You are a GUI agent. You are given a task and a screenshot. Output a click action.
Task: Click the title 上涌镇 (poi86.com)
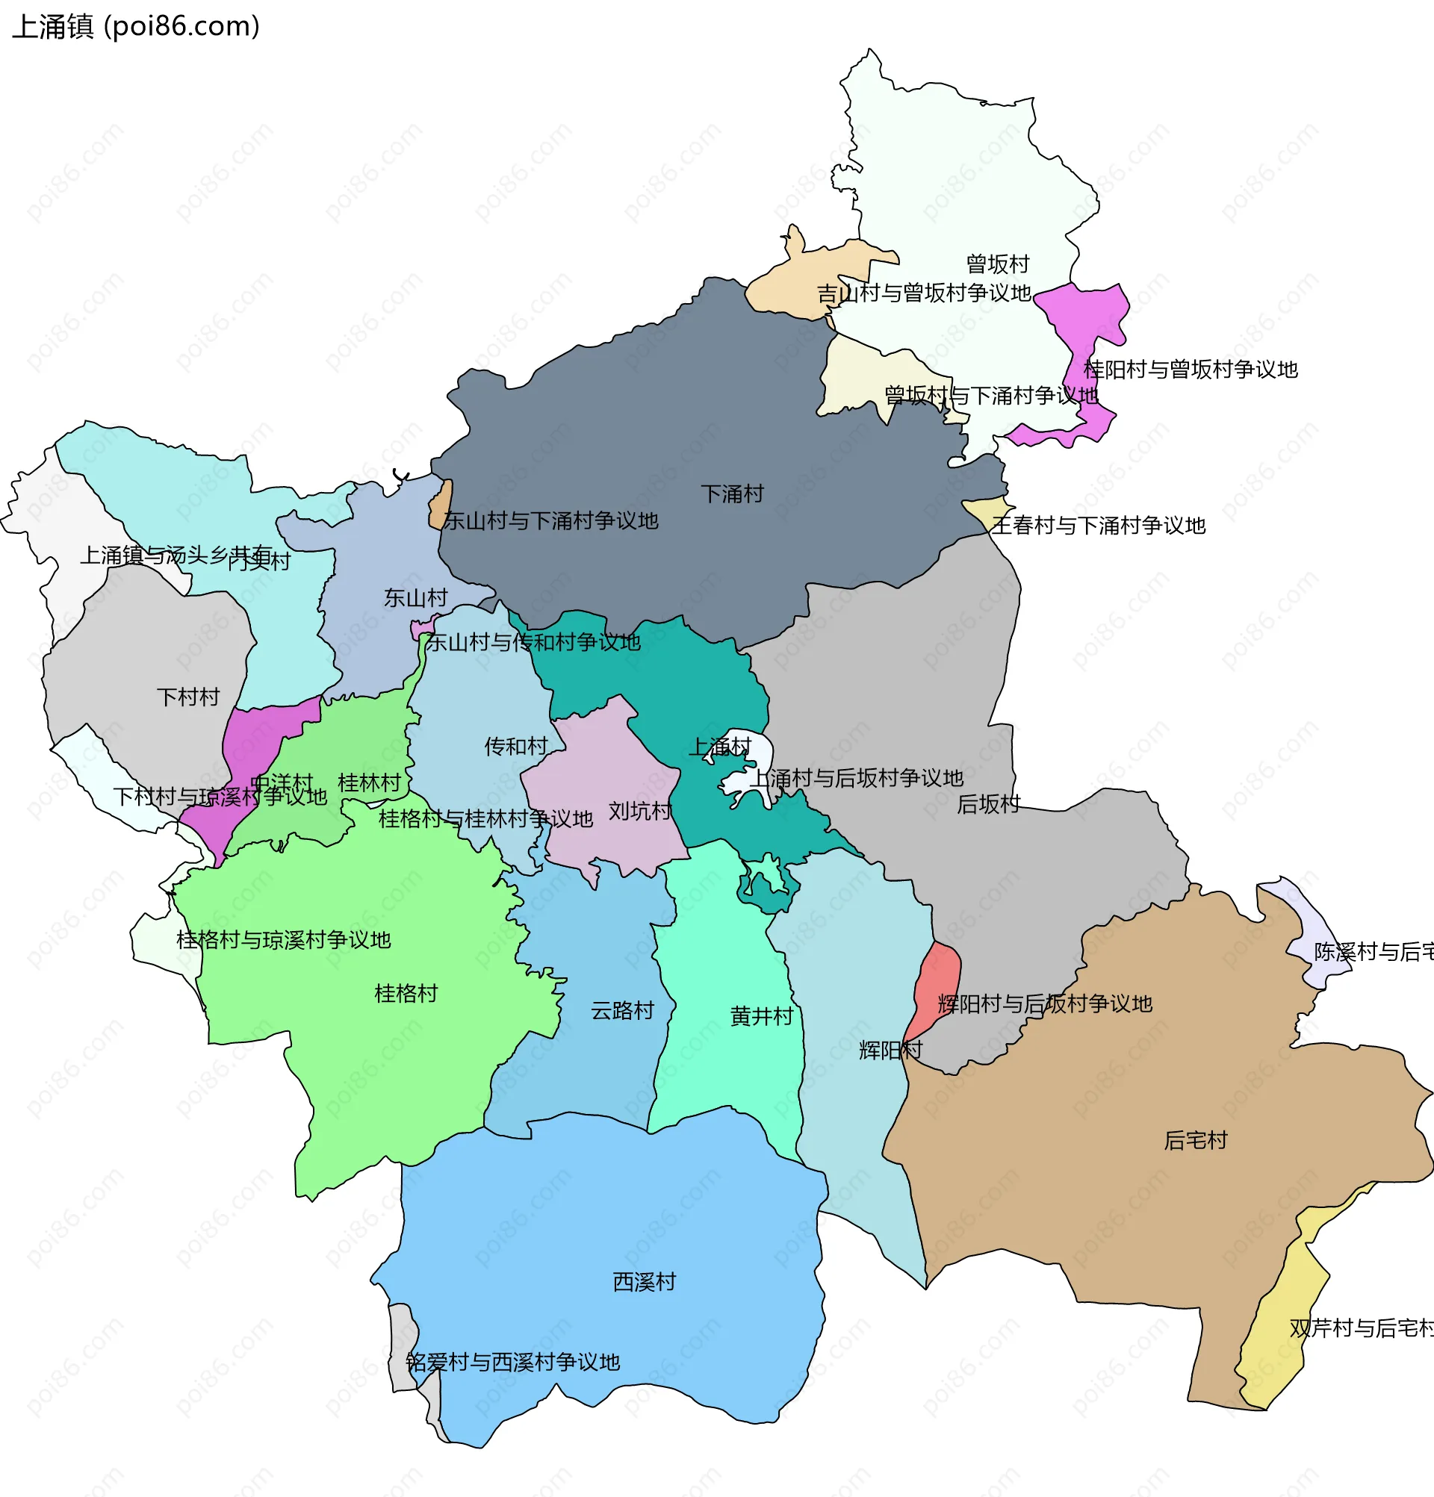coord(136,27)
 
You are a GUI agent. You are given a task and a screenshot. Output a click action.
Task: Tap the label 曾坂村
coord(997,264)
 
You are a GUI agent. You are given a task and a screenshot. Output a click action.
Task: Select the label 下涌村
coord(732,494)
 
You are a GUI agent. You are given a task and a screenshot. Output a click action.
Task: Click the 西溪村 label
coord(644,1283)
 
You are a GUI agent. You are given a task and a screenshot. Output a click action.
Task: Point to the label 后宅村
coord(1195,1141)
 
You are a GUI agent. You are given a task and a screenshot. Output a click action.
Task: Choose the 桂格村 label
coord(406,994)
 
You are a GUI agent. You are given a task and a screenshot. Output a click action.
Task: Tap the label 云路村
coord(622,1011)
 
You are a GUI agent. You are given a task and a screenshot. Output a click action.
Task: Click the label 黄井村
coord(762,1017)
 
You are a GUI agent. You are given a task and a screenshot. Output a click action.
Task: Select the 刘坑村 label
coord(639,811)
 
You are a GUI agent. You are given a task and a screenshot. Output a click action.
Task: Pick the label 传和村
coord(515,746)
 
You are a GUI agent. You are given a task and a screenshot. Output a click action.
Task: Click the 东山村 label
coord(415,598)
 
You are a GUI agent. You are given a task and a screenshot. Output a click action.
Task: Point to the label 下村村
coord(188,697)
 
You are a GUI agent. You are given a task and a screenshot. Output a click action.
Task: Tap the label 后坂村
coord(988,804)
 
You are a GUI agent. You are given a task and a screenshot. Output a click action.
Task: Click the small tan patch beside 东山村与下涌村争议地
coord(441,504)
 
